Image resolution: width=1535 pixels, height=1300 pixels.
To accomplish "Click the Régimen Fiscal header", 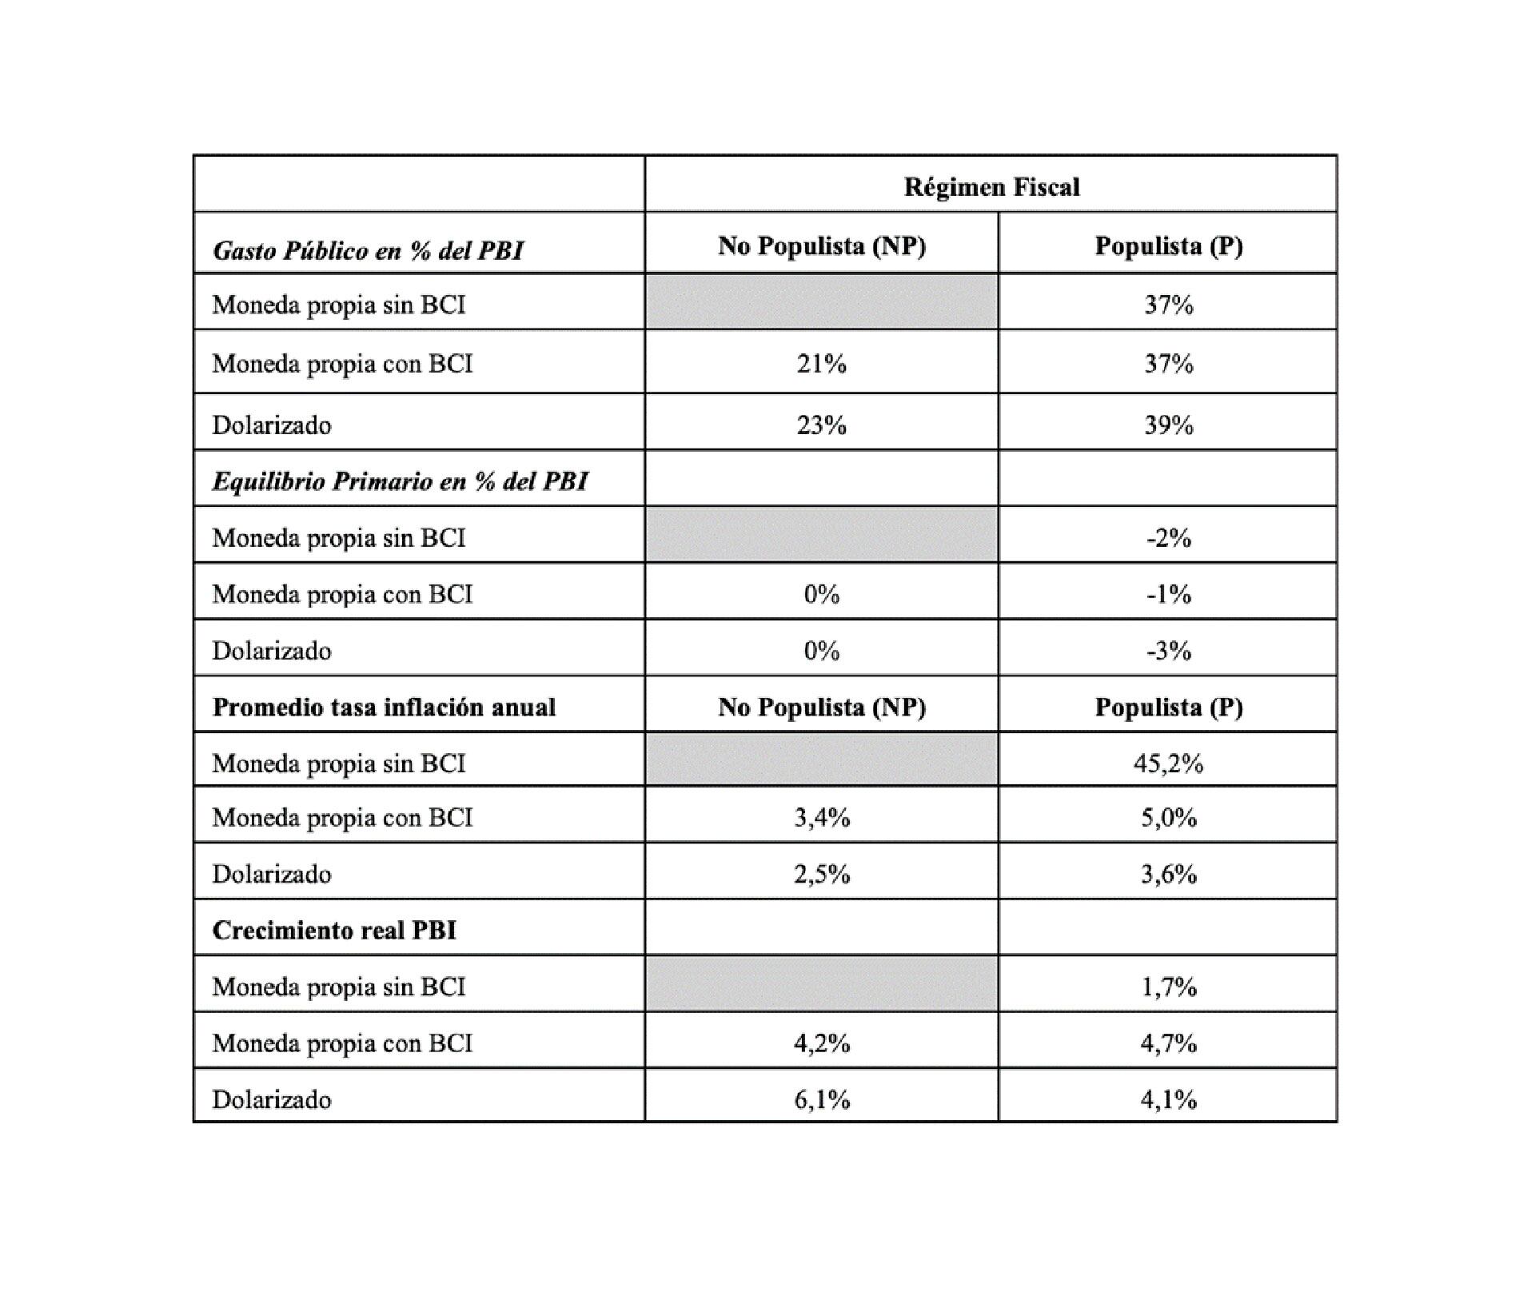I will (x=991, y=187).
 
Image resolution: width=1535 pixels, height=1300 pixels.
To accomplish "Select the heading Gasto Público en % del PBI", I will (x=368, y=251).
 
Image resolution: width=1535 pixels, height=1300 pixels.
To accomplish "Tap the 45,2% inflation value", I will (x=1168, y=764).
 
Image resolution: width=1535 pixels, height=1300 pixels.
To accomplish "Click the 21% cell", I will (x=821, y=364).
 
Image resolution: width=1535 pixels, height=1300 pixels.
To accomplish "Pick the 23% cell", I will (x=821, y=425).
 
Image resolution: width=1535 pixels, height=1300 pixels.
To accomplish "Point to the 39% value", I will (x=1168, y=425).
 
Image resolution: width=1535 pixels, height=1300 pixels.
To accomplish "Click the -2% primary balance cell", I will (x=1168, y=538).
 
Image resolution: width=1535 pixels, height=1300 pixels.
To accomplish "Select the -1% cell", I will (x=1168, y=594).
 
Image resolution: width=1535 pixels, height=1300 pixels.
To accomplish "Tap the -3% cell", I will (x=1168, y=651).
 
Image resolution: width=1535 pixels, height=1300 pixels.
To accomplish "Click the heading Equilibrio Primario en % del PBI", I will (x=400, y=481).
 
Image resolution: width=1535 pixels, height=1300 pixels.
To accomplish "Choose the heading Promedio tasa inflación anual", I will (x=384, y=708).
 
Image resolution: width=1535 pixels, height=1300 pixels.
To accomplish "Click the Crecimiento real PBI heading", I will (x=334, y=931).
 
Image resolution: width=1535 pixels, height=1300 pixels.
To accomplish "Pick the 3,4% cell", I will (x=821, y=818).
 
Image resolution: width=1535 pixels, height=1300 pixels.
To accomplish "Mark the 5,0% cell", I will (x=1168, y=818).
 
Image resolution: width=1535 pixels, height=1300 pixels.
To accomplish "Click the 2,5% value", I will (x=821, y=874).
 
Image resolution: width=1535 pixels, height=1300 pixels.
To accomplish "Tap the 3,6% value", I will (x=1168, y=874).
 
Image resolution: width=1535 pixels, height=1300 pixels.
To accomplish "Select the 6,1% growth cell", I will (x=821, y=1100).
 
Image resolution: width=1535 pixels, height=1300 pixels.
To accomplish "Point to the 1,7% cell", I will (x=1168, y=987).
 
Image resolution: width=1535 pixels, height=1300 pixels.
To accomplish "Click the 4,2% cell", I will (x=821, y=1043).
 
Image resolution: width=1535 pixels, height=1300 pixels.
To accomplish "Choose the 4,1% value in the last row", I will (x=1168, y=1100).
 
